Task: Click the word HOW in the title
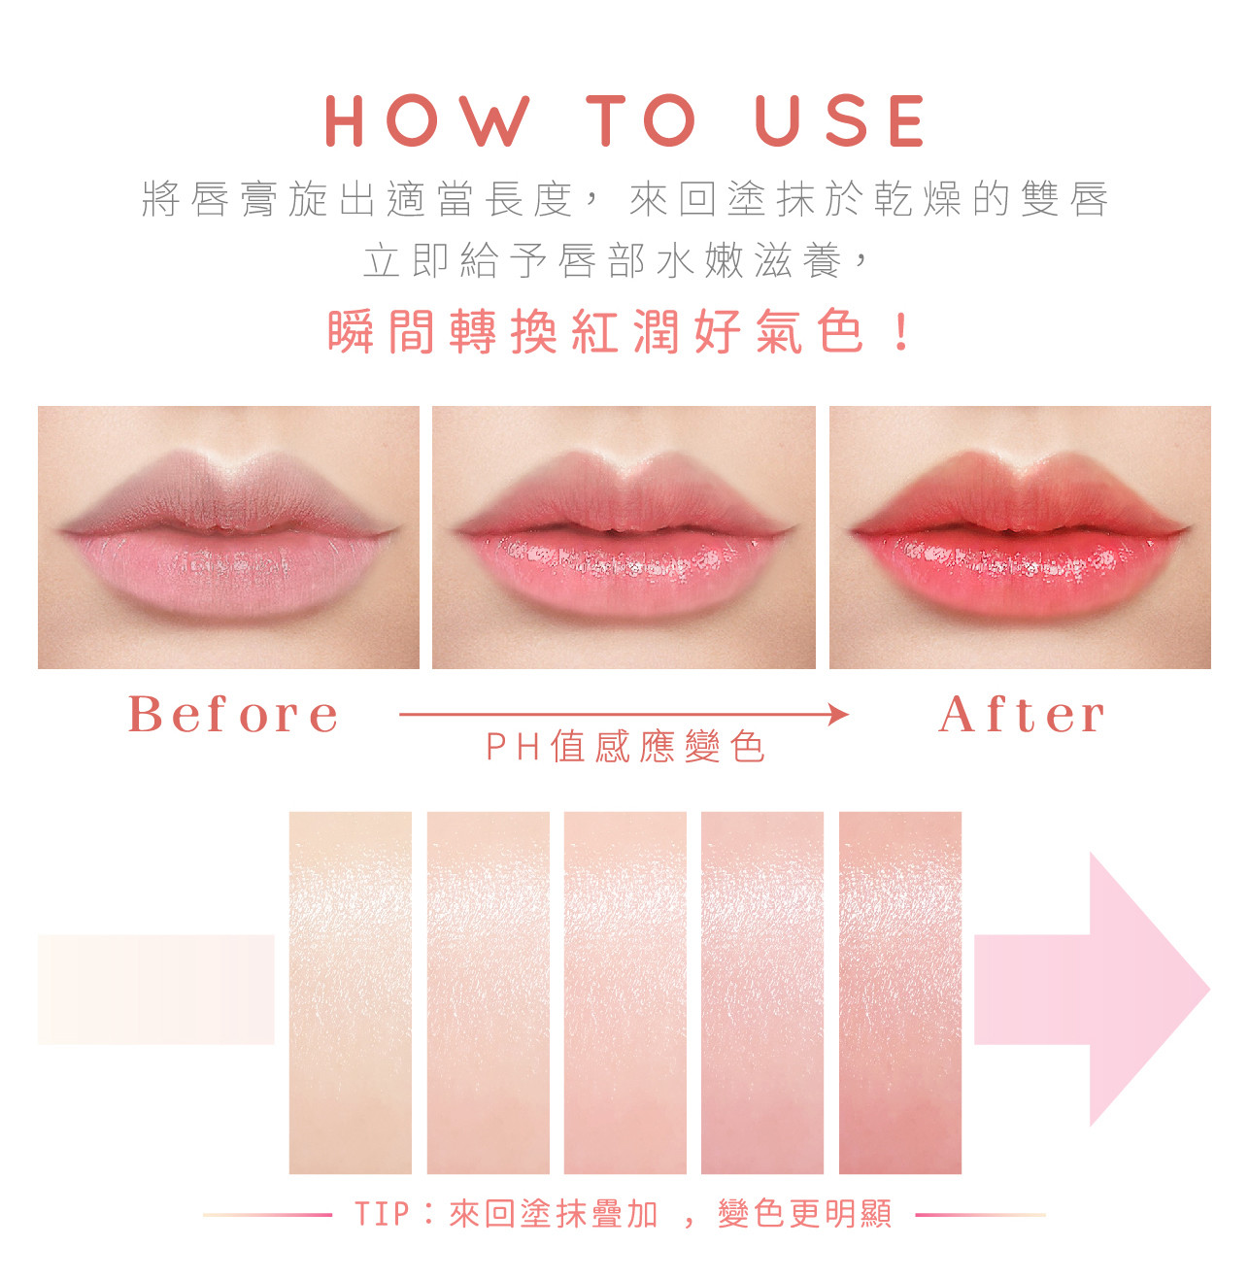[427, 120]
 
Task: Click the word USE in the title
[840, 120]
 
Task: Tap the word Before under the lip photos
[233, 714]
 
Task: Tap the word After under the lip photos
[1022, 714]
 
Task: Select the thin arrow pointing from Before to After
[624, 714]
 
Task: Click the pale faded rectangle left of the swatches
[155, 990]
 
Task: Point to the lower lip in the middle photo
[624, 572]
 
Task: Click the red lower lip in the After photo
[1020, 572]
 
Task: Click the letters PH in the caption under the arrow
[513, 747]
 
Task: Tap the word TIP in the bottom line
[382, 1214]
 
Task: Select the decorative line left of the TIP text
[267, 1214]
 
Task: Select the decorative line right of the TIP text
[980, 1214]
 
